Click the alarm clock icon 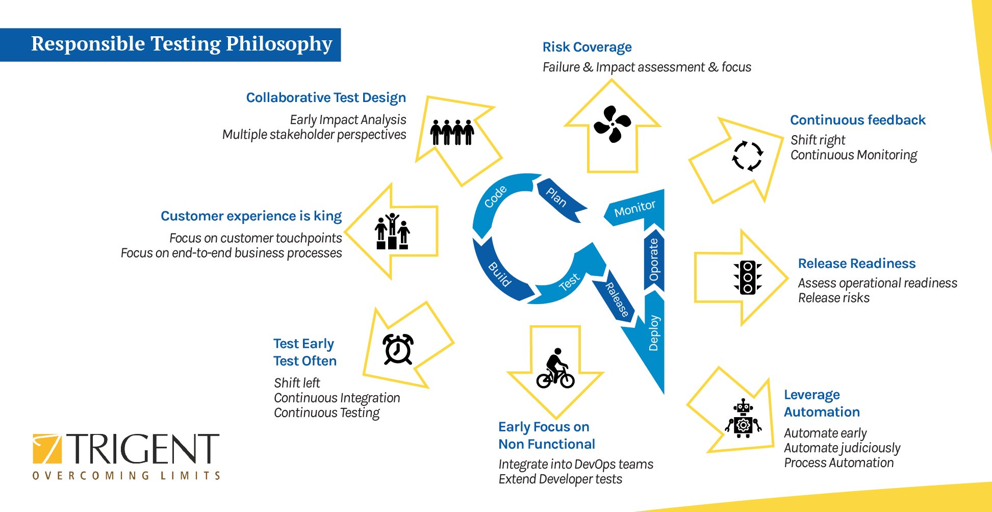[398, 349]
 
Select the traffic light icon [748, 277]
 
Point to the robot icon [743, 418]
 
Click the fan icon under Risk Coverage [612, 124]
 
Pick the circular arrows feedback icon [747, 156]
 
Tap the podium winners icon [392, 232]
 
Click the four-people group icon [452, 132]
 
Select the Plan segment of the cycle [561, 199]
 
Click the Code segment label [495, 197]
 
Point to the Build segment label [499, 274]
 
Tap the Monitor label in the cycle [634, 208]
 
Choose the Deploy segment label [653, 333]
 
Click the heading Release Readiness [857, 263]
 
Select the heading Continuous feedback [858, 120]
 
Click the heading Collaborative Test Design [326, 97]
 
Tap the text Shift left [297, 382]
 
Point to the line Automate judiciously [842, 448]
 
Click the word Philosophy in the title [279, 44]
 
